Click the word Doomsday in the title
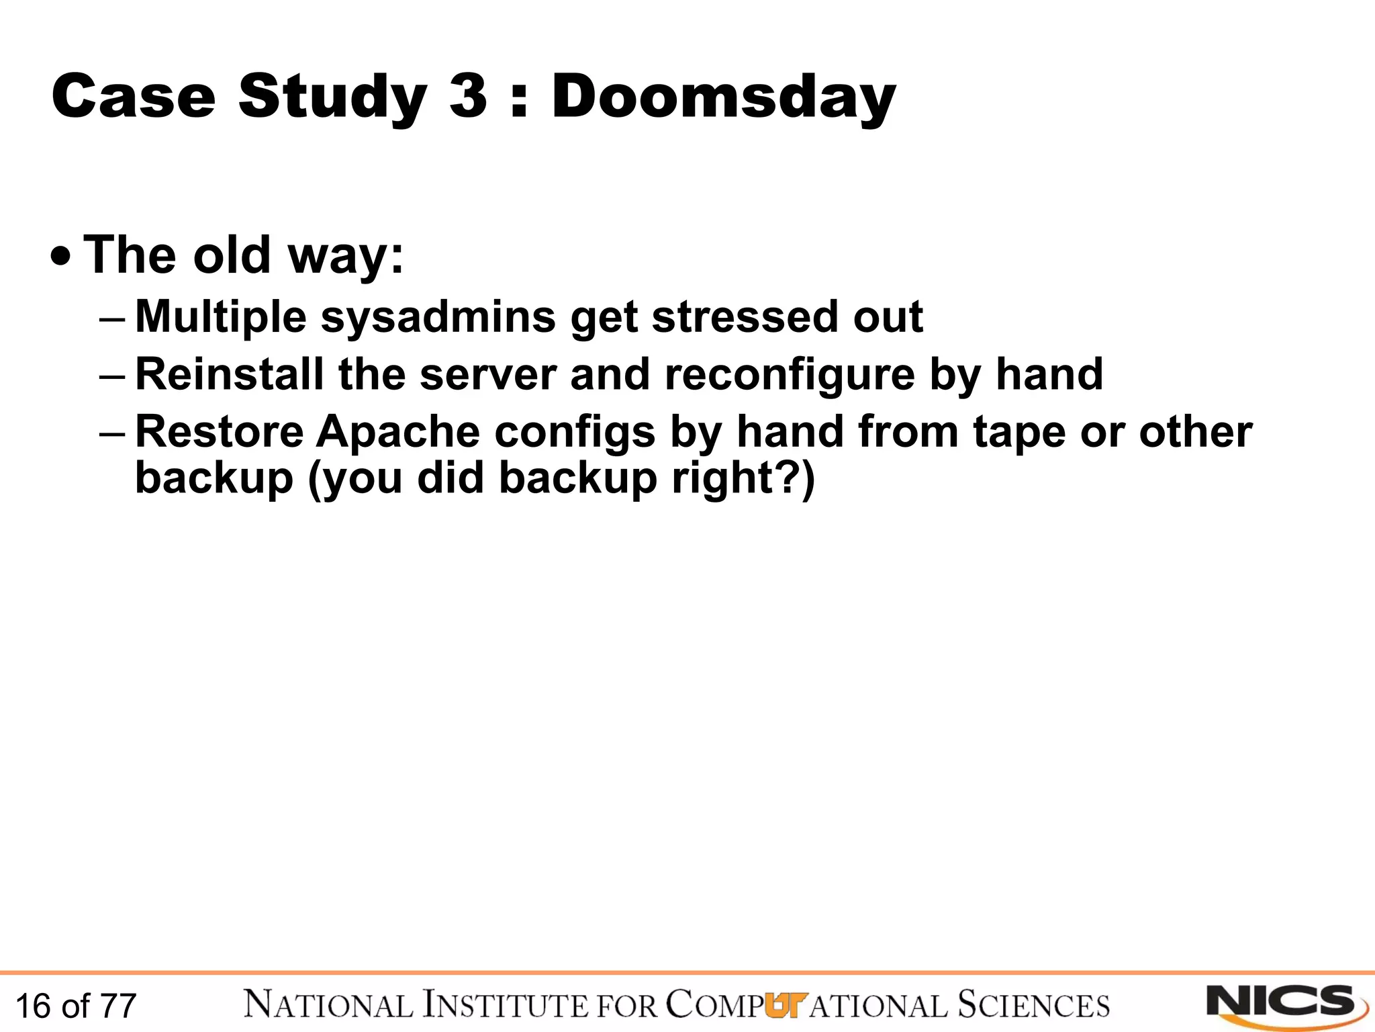[723, 97]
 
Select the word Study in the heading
[332, 97]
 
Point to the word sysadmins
[438, 317]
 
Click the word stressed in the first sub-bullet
[745, 317]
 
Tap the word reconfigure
[790, 375]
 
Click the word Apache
[397, 431]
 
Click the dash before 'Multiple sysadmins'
[111, 318]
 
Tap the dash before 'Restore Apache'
[111, 433]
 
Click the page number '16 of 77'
[75, 1006]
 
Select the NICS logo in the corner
[1285, 1004]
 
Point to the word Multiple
[221, 317]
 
